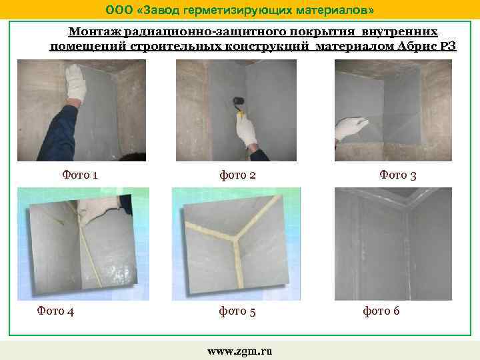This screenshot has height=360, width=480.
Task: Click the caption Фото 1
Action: click(80, 175)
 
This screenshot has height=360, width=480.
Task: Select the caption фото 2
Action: click(238, 175)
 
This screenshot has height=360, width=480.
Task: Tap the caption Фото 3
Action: click(398, 175)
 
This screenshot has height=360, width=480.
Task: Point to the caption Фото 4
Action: click(55, 310)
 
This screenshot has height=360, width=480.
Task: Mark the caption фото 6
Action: click(381, 311)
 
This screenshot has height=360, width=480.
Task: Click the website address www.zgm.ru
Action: click(239, 351)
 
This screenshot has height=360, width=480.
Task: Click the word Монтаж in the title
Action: click(93, 32)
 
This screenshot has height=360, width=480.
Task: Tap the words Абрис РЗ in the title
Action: click(446, 45)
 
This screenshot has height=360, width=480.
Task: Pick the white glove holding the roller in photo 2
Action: click(246, 130)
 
